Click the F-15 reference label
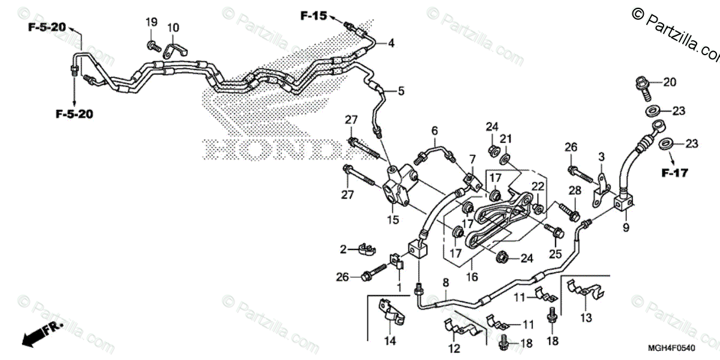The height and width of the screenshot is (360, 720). (314, 16)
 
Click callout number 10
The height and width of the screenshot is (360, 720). (173, 27)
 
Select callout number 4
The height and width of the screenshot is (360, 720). (391, 43)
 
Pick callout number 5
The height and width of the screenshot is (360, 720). (401, 91)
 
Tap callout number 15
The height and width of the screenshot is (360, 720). (392, 220)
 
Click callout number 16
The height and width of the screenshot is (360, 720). (471, 277)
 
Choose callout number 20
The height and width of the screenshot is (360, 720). (670, 83)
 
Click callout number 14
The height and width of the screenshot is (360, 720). (389, 341)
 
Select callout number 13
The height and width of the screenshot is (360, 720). (585, 316)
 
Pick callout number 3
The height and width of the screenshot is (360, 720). (600, 157)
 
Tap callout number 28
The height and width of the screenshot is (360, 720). (575, 190)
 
